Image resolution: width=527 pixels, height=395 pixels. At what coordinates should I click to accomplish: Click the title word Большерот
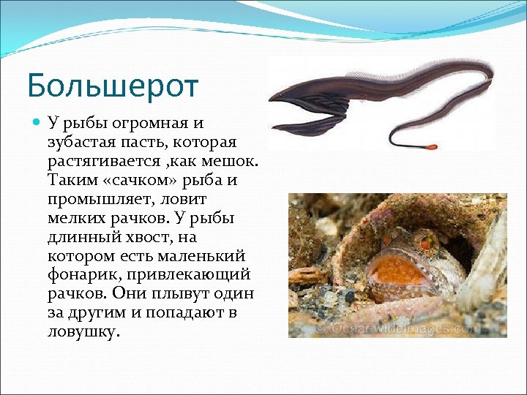coord(113,86)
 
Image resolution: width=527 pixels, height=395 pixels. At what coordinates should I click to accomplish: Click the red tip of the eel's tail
coord(433,148)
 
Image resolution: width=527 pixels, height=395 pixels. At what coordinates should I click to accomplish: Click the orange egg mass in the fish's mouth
coord(396,270)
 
